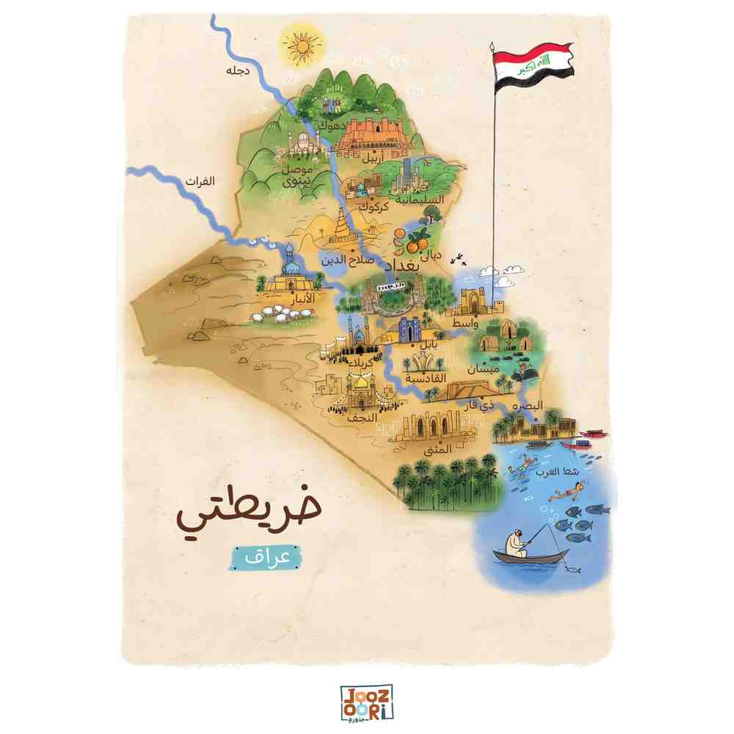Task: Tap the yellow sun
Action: (301, 45)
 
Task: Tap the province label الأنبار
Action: (303, 299)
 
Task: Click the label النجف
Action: (364, 417)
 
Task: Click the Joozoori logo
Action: (367, 702)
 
